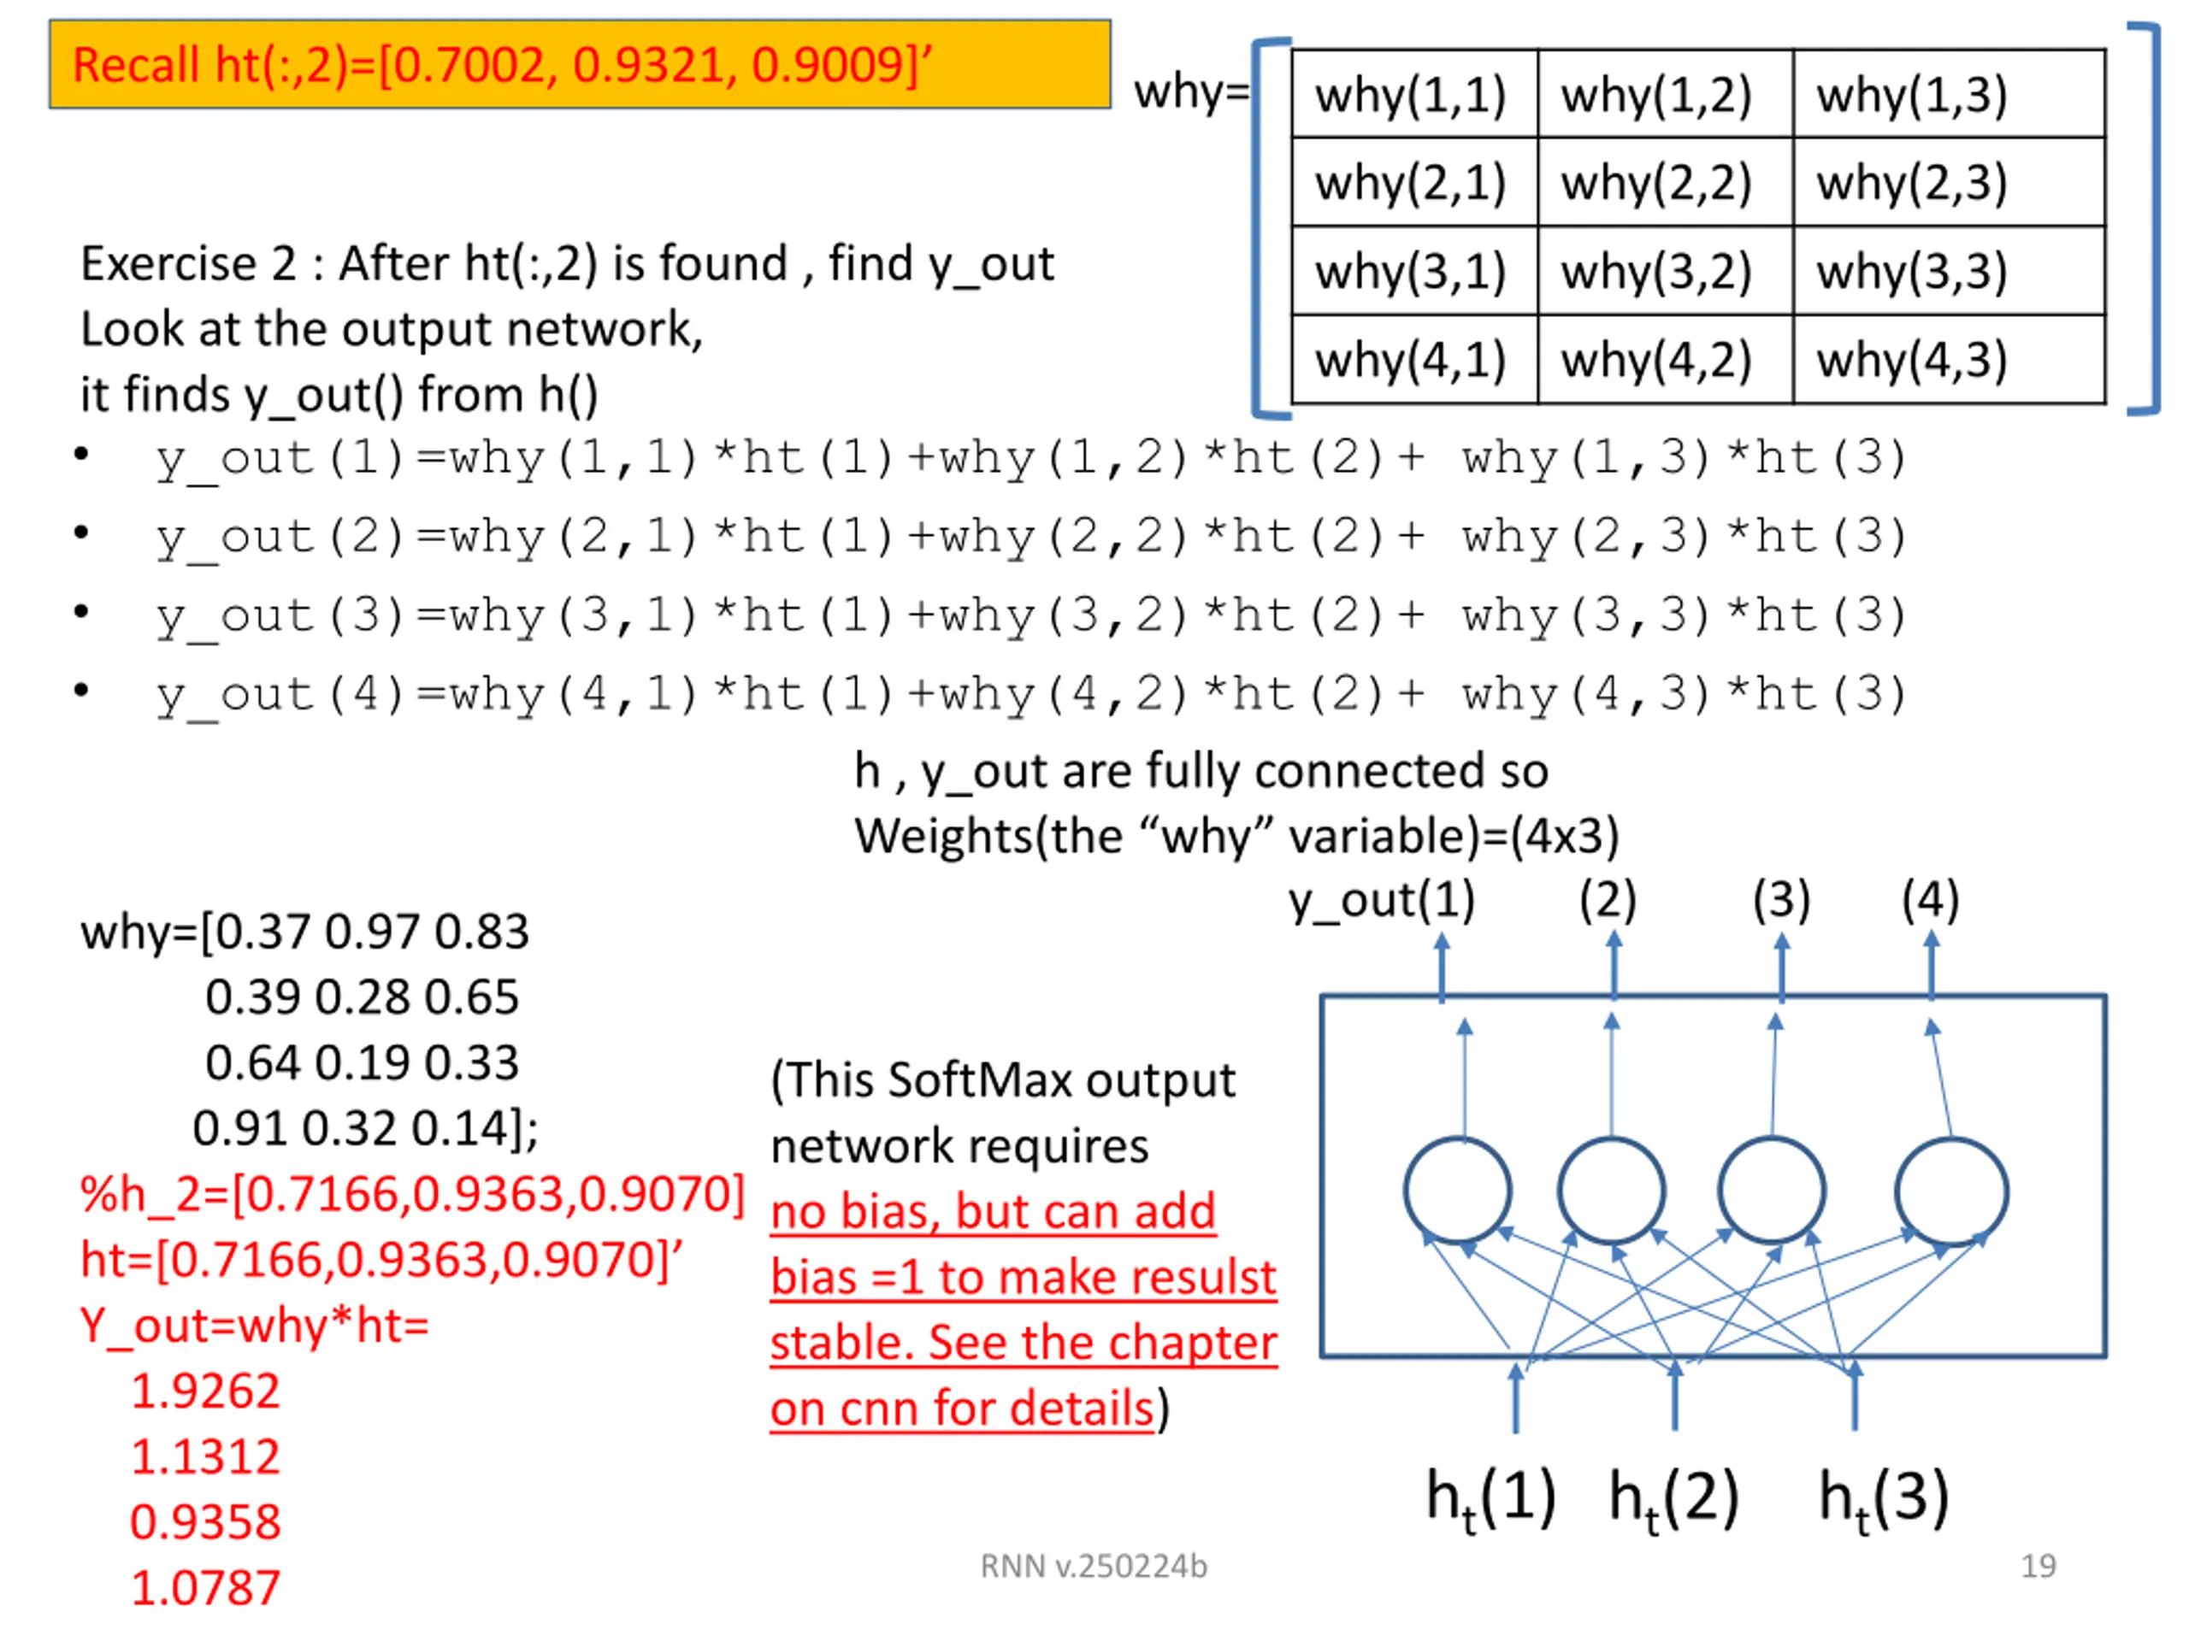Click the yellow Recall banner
click(x=580, y=64)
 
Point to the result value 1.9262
click(x=206, y=1391)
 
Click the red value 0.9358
click(x=206, y=1521)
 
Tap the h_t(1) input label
click(x=1490, y=1497)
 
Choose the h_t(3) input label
click(x=1883, y=1497)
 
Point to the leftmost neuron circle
click(x=1458, y=1190)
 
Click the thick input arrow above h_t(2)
click(x=1674, y=1397)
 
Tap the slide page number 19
click(x=2038, y=1566)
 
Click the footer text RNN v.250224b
click(x=1094, y=1566)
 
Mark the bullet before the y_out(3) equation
click(x=81, y=611)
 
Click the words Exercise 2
click(x=188, y=264)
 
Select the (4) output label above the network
click(x=1930, y=901)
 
